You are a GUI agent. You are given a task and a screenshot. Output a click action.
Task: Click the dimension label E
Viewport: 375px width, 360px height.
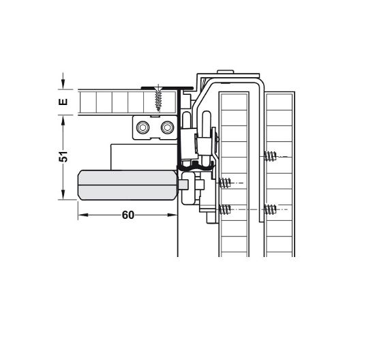pos(63,102)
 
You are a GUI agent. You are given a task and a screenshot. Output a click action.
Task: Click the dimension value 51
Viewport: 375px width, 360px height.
pos(63,157)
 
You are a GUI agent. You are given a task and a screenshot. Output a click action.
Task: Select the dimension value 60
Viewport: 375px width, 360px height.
pos(127,215)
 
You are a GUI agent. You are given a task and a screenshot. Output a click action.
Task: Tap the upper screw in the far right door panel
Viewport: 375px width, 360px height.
pos(271,158)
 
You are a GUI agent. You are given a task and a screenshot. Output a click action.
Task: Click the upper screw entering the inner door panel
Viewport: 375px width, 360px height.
pos(226,183)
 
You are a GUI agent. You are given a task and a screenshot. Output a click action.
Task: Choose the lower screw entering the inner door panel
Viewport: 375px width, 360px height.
pos(226,209)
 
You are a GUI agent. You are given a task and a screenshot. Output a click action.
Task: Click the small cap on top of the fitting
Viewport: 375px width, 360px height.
pos(226,72)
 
